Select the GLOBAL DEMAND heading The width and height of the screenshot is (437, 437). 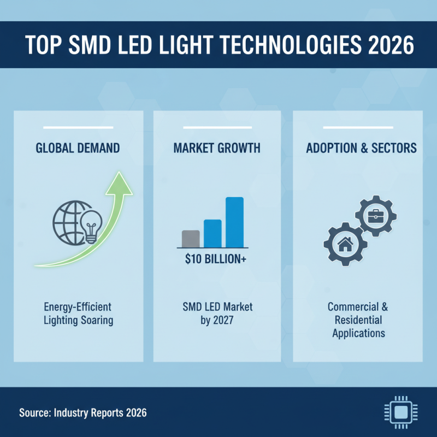pyautogui.click(x=78, y=149)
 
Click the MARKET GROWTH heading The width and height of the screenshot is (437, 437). pyautogui.click(x=217, y=149)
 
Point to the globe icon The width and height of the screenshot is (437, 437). pyautogui.click(x=69, y=223)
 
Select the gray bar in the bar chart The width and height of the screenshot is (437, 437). pyautogui.click(x=191, y=238)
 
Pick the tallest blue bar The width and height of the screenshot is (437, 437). pyautogui.click(x=234, y=222)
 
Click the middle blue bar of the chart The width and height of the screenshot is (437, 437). pyautogui.click(x=212, y=233)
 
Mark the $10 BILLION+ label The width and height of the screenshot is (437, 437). pyautogui.click(x=217, y=259)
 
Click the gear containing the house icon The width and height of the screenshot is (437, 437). pyautogui.click(x=345, y=244)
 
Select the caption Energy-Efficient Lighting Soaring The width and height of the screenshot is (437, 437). pyautogui.click(x=78, y=314)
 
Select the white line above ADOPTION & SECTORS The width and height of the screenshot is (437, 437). pyautogui.click(x=357, y=128)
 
